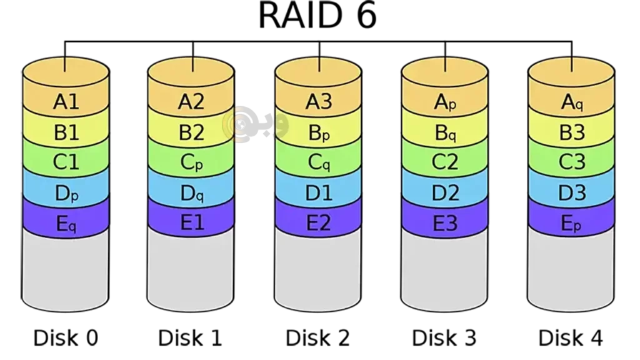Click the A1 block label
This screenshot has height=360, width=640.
(66, 102)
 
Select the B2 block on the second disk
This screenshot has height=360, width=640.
(191, 132)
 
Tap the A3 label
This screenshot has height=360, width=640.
(318, 102)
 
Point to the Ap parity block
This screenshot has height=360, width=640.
(445, 102)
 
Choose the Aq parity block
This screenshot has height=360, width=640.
(571, 102)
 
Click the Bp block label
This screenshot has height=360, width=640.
(318, 132)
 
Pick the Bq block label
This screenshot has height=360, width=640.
(445, 132)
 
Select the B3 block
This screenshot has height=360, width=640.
(571, 132)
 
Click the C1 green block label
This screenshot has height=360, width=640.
(66, 162)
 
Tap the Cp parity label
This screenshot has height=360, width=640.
(191, 162)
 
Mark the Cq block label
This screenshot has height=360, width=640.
(318, 162)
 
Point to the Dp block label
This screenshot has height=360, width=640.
(66, 193)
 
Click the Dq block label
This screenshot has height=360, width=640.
(191, 193)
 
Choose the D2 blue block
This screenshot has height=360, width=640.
(445, 193)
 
